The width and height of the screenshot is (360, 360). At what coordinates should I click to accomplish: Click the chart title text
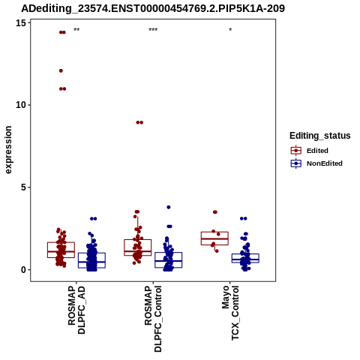tap(153, 9)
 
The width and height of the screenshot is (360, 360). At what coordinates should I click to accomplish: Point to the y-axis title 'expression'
tap(8, 150)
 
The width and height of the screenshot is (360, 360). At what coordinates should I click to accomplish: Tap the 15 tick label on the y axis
tap(21, 23)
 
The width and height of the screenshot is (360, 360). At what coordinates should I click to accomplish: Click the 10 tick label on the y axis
tap(21, 105)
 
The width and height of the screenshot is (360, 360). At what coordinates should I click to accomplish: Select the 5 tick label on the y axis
tap(24, 187)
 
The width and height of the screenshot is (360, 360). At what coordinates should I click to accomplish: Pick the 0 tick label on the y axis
tap(24, 270)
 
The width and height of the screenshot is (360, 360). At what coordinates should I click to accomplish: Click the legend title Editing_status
tap(320, 136)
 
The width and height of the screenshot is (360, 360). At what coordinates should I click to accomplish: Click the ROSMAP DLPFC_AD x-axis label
tap(76, 310)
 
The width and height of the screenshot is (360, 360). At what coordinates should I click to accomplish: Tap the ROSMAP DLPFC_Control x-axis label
tap(153, 319)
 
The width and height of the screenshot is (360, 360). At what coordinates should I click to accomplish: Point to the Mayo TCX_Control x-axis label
tap(230, 313)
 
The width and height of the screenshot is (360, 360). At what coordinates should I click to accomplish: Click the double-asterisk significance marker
tap(76, 30)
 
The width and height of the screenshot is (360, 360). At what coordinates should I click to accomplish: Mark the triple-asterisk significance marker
tap(153, 30)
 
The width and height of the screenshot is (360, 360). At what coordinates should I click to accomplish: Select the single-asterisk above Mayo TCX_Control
tap(230, 29)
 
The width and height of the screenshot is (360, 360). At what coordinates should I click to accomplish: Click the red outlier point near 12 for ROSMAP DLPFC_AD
tap(61, 70)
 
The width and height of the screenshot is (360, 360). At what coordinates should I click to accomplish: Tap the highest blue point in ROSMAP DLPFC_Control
tap(169, 207)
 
